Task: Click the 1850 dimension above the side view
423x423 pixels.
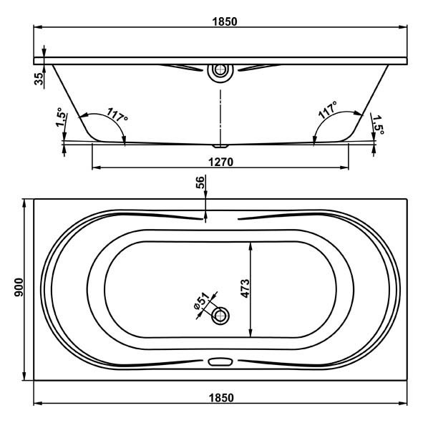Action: pyautogui.click(x=225, y=21)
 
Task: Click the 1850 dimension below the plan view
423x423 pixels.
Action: pyautogui.click(x=221, y=398)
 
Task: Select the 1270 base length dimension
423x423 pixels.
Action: pyautogui.click(x=220, y=162)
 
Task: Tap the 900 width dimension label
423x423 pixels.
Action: pyautogui.click(x=19, y=287)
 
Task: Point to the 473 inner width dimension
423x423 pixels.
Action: pyautogui.click(x=245, y=288)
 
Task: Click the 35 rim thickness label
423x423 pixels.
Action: pyautogui.click(x=39, y=79)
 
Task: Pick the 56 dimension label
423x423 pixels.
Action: pyautogui.click(x=200, y=183)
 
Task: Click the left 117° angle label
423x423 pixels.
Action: pyautogui.click(x=117, y=115)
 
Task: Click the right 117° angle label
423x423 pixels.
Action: pyautogui.click(x=328, y=110)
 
